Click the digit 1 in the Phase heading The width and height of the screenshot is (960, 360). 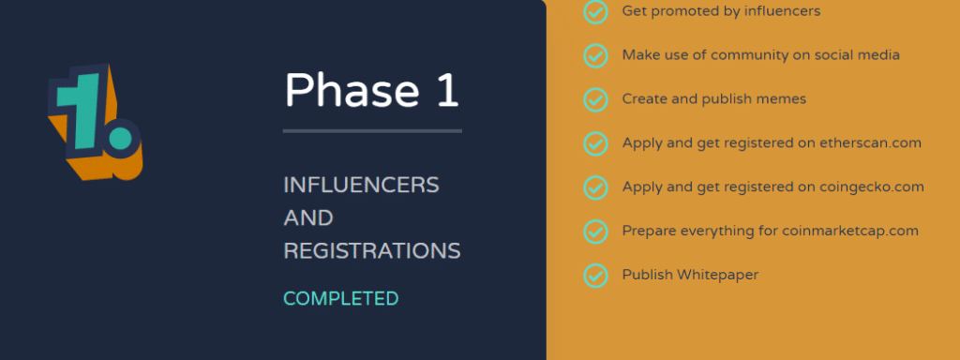tap(447, 90)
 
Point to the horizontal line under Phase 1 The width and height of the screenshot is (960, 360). tap(372, 130)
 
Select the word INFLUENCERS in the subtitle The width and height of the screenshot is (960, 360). tap(361, 186)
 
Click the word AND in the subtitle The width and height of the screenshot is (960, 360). tap(308, 218)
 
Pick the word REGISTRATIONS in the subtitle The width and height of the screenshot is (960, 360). tap(372, 251)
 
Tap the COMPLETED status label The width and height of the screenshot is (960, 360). tap(341, 299)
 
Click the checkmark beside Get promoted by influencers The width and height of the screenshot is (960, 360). tap(595, 11)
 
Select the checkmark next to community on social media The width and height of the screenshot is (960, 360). tap(595, 55)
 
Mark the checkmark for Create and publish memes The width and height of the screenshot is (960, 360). tap(595, 99)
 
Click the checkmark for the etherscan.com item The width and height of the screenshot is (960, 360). tap(595, 143)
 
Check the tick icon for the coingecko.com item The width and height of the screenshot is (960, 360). tap(595, 187)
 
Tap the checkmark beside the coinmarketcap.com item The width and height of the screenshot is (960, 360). tap(595, 231)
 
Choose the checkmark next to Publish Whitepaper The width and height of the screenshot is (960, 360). tap(595, 276)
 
